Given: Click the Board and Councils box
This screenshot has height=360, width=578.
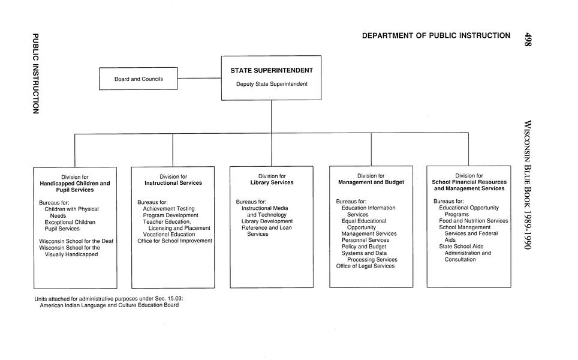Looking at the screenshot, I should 138,79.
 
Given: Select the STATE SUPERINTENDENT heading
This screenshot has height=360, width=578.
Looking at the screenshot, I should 271,71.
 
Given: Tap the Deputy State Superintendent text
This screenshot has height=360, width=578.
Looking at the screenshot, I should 271,84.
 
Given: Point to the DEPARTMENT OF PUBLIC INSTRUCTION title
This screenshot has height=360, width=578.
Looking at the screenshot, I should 436,36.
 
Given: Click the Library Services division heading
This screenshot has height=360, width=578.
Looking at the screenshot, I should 272,182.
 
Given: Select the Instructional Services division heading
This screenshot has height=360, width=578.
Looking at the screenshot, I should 173,182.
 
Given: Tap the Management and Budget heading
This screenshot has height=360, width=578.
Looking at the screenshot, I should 371,182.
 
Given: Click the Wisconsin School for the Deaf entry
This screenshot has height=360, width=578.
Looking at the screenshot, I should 76,241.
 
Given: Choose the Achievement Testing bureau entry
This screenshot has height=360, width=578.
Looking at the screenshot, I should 168,209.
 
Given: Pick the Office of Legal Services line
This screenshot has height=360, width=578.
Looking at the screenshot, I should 365,266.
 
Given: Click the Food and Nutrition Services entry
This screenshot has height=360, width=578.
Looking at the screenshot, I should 473,221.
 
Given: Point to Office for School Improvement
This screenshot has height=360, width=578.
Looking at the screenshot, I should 174,241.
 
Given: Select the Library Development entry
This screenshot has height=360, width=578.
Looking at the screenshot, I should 267,221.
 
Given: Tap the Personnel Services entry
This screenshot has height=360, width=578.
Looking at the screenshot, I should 365,240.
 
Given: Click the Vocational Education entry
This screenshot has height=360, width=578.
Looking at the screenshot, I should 168,235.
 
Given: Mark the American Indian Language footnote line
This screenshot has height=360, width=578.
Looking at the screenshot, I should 109,305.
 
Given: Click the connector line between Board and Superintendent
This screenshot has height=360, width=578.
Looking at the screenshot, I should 199,78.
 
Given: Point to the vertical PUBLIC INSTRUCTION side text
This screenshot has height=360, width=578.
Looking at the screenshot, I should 35,73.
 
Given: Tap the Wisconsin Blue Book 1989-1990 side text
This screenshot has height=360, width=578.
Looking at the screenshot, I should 527,185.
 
